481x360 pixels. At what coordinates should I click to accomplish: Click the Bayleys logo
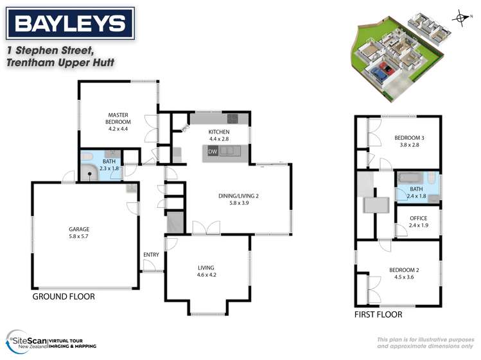tap(70, 24)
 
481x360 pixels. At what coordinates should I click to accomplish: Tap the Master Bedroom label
tap(119, 119)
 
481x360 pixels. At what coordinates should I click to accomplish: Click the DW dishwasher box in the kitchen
tap(213, 152)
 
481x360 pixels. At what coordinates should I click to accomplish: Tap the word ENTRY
tap(151, 255)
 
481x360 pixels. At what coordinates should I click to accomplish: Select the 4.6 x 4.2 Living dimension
tap(206, 275)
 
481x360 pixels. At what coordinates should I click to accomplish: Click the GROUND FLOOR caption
tap(64, 296)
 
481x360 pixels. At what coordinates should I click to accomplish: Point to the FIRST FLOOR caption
tap(378, 314)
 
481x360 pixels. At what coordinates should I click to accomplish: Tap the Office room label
tap(418, 218)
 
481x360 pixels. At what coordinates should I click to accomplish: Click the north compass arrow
tap(459, 18)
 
